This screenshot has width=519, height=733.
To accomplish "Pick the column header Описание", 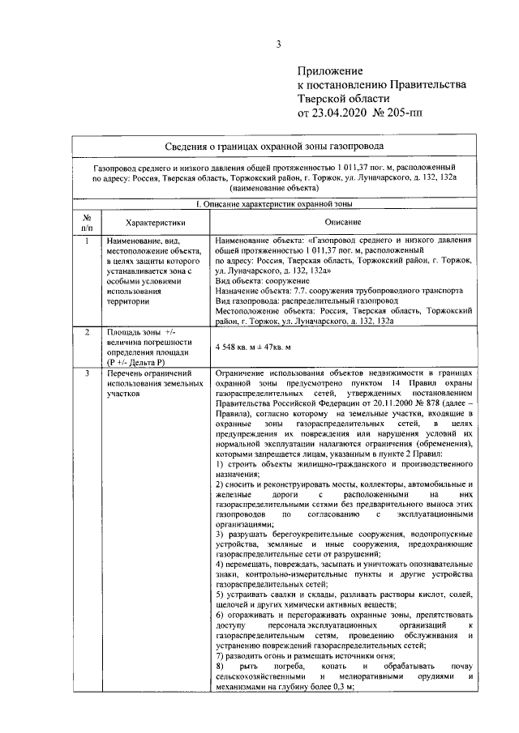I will click(x=342, y=222).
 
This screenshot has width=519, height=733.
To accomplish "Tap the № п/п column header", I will click(x=85, y=222).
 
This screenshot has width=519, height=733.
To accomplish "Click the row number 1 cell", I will click(x=85, y=241).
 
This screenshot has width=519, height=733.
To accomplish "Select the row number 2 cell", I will click(x=85, y=333).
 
